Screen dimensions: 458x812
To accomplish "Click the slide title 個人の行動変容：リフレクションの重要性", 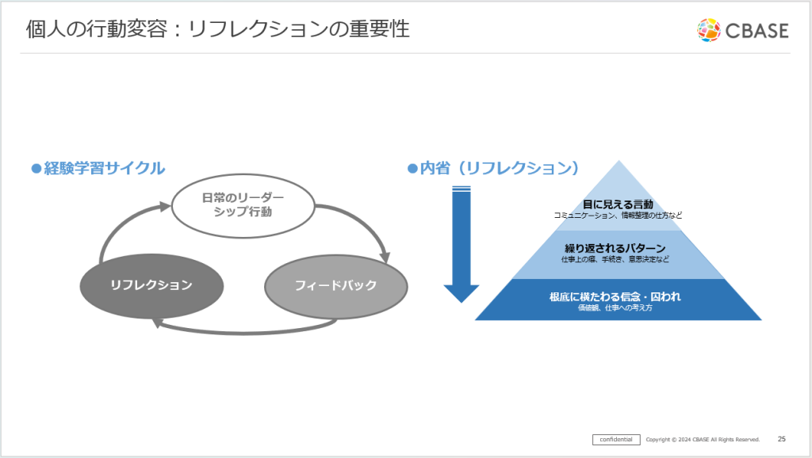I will (x=217, y=29).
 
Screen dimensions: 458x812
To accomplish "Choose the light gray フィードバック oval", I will (x=335, y=285).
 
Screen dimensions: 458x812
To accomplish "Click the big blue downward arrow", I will (x=461, y=242).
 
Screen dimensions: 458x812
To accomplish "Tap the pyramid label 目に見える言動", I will (x=618, y=205).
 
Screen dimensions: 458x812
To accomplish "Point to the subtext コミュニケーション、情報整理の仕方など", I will (x=618, y=216).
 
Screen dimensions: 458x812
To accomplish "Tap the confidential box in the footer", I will (x=616, y=439).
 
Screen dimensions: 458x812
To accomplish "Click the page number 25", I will (x=781, y=439).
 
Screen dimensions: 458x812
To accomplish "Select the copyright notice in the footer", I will (x=703, y=439).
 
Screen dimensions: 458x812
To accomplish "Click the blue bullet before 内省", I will (x=412, y=168).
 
